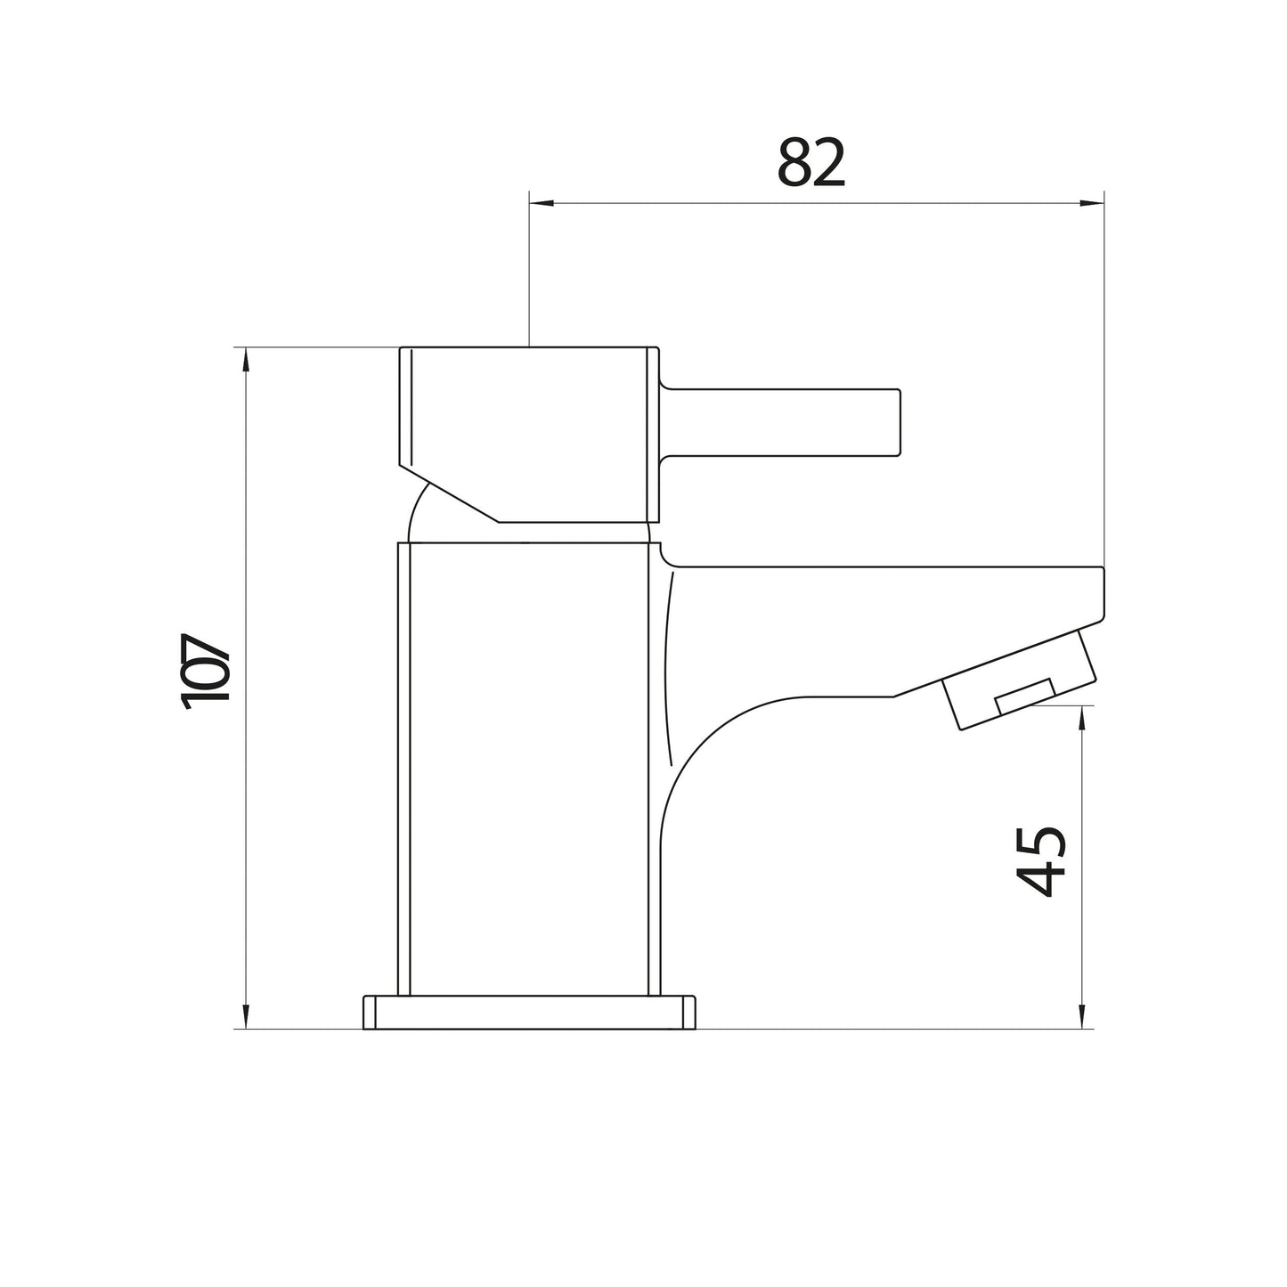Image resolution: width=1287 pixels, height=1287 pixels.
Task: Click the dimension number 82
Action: tap(810, 163)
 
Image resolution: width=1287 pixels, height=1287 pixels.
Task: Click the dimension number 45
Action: tap(1041, 861)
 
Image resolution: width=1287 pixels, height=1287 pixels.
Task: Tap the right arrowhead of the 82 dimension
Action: tap(1091, 204)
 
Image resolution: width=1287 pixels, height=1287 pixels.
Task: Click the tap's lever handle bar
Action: tap(784, 423)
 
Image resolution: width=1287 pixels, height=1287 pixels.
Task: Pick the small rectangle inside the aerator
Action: tap(1024, 695)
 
